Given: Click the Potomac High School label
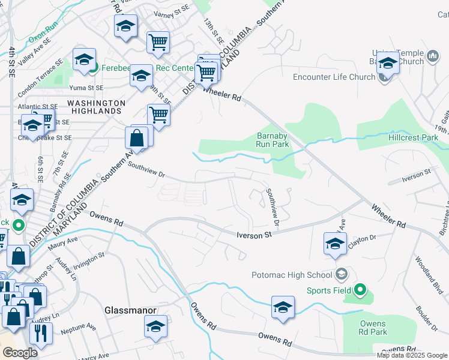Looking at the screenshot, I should (x=291, y=275).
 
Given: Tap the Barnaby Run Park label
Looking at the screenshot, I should (x=273, y=140).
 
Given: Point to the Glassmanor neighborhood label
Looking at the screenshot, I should (x=130, y=310).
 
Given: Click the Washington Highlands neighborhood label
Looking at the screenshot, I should (x=97, y=107).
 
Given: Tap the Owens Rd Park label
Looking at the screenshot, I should (x=373, y=328).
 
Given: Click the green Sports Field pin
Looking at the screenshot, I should (x=360, y=290).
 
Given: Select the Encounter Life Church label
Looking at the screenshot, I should (x=334, y=77).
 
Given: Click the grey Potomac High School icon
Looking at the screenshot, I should (x=342, y=275).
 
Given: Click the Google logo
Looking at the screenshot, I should (x=19, y=353).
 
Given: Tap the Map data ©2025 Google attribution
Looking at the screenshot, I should (x=412, y=355).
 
